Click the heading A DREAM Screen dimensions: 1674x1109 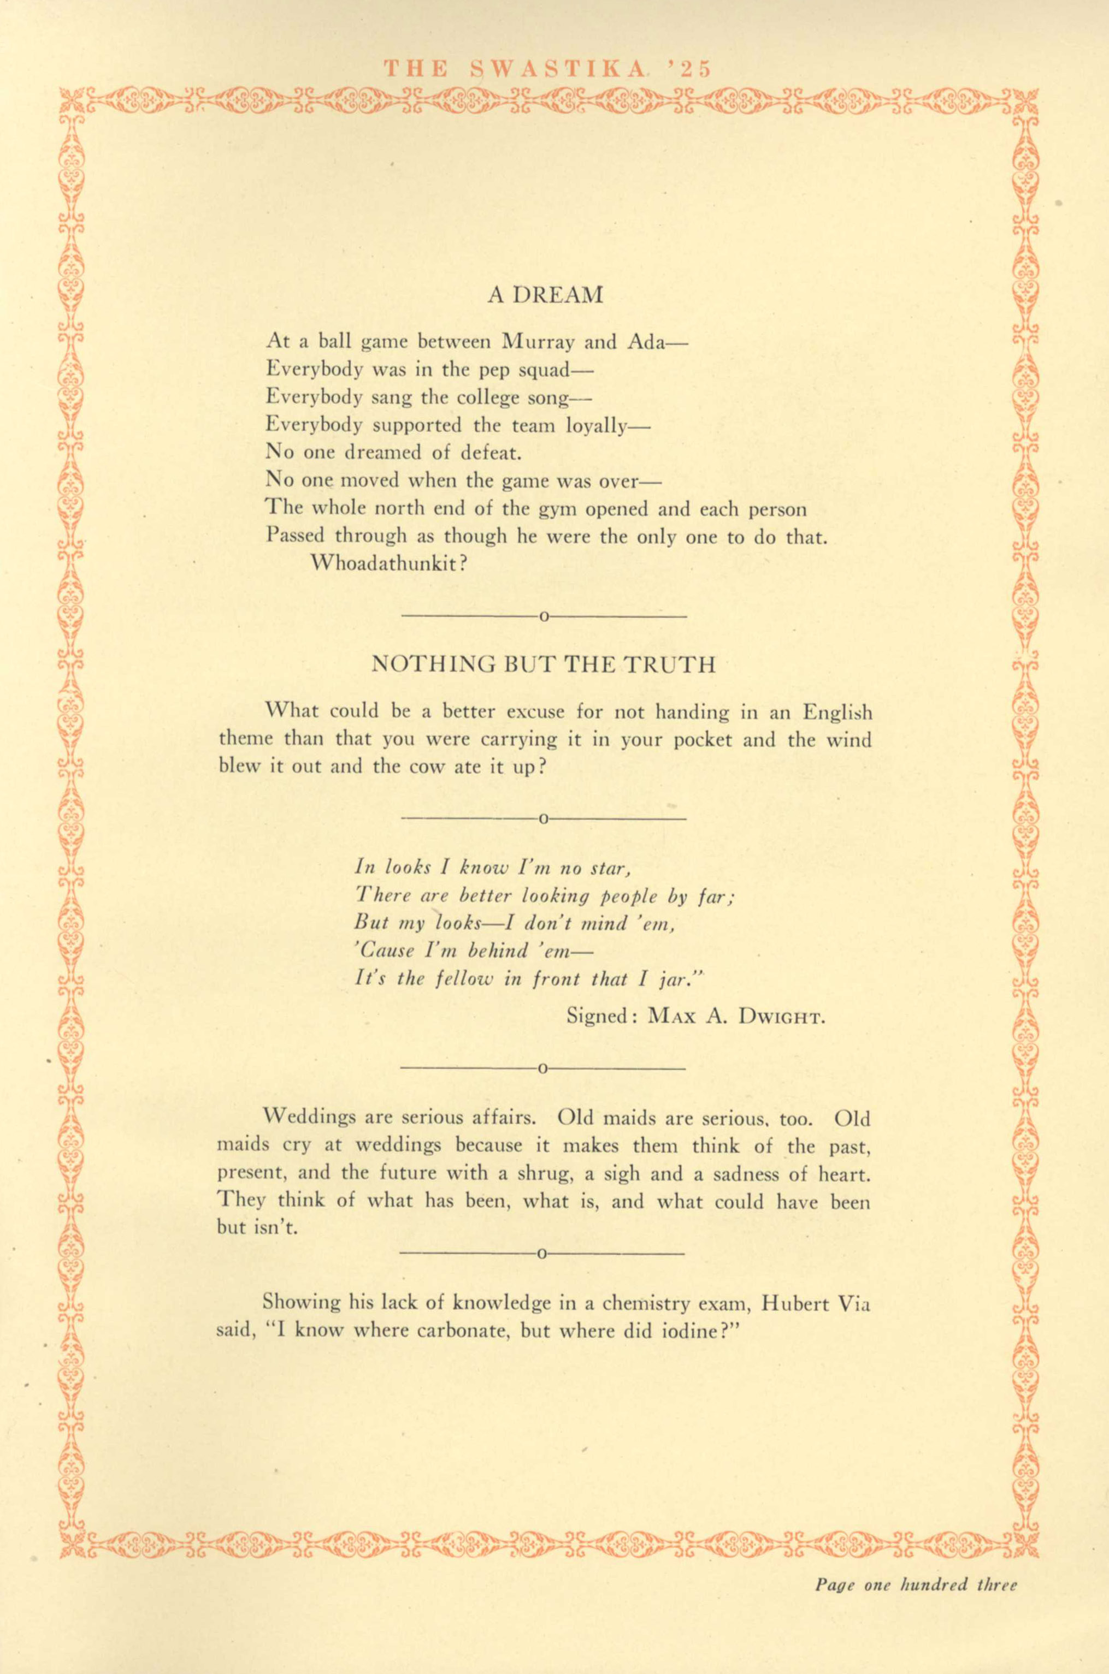[x=545, y=295]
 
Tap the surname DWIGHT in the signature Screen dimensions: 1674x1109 [x=782, y=1017]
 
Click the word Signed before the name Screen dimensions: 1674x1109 [x=597, y=1017]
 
